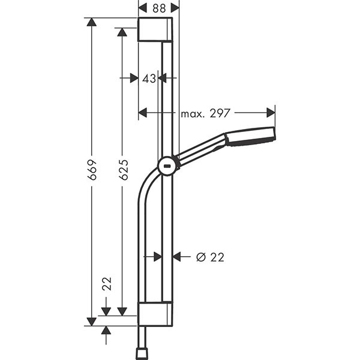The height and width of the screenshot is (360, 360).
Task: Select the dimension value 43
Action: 148,78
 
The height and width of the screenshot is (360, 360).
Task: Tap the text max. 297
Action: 205,112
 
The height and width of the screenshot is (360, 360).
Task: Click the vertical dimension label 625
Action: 123,172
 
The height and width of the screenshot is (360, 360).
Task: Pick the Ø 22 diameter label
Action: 210,257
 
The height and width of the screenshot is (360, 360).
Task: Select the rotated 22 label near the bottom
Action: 107,284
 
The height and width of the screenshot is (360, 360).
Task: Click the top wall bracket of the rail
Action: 155,29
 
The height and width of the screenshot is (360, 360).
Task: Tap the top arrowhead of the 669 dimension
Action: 91,22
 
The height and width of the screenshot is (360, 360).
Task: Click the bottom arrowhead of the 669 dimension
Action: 91,321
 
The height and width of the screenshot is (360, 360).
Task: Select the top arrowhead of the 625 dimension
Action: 122,32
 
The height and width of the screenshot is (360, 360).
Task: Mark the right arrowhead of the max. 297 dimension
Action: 270,112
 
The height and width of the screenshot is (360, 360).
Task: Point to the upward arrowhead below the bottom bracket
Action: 106,331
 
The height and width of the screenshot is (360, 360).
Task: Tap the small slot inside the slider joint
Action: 167,167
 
